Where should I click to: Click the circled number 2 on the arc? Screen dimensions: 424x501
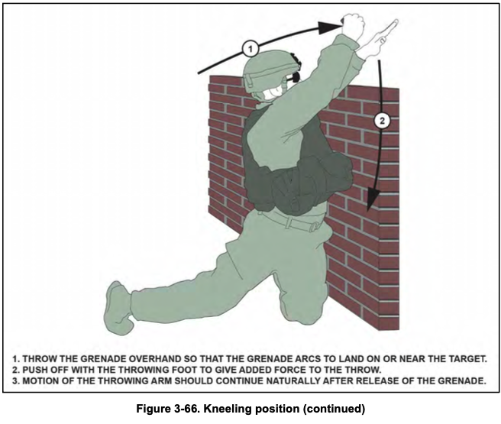383,120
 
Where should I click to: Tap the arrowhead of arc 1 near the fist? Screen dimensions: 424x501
331,25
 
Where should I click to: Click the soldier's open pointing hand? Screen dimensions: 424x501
380,37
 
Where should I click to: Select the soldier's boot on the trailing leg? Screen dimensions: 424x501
120,303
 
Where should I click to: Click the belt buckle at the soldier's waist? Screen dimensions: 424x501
315,225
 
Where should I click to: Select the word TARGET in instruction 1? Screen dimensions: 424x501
460,358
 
